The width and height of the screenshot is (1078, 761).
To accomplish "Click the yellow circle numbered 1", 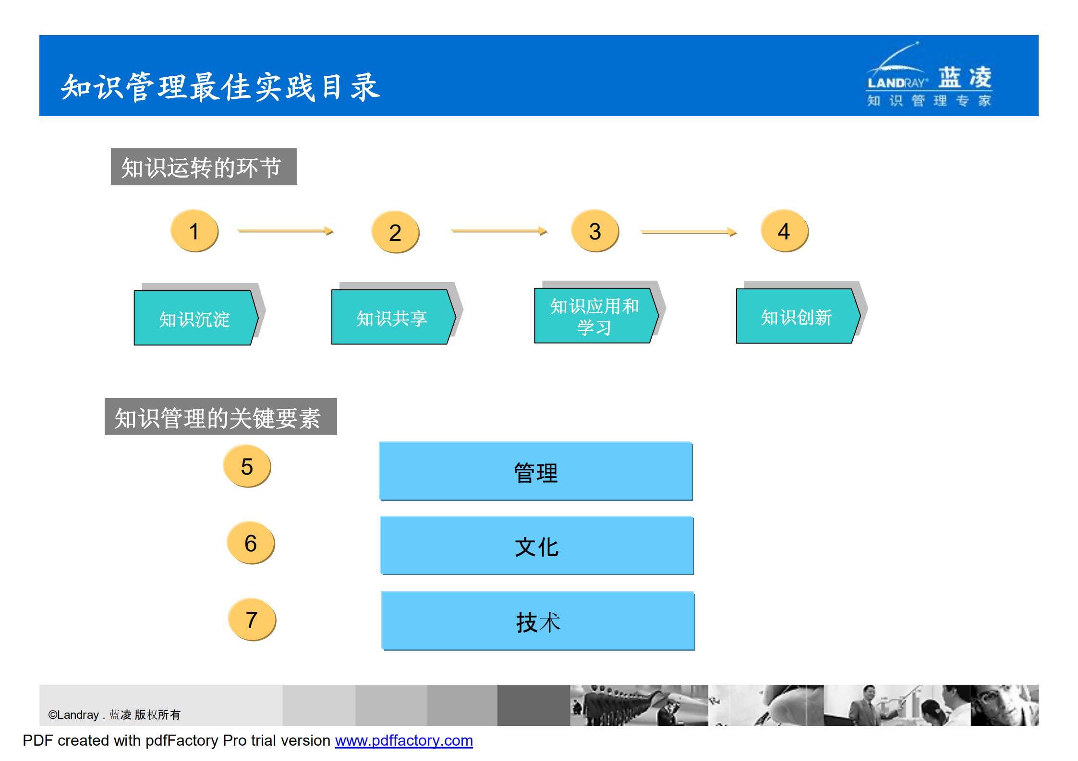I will [194, 231].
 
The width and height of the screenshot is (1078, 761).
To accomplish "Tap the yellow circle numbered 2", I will [395, 232].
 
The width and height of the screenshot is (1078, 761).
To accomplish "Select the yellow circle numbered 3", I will [595, 231].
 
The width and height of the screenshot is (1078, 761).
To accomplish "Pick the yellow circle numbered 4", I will [784, 231].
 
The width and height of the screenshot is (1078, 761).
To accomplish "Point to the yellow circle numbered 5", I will [247, 466].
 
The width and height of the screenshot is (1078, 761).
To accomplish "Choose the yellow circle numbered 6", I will [251, 543].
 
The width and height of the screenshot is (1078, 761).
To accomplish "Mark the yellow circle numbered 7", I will [252, 619].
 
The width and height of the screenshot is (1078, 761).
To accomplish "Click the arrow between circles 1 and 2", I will [285, 231].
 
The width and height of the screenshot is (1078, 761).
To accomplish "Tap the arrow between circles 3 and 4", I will [688, 232].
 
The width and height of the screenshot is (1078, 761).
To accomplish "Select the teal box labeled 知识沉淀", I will [194, 318].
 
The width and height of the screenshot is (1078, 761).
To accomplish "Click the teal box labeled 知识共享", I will [392, 317].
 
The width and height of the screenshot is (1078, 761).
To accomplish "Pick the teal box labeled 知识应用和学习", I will [594, 316].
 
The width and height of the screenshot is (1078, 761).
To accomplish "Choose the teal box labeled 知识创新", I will [796, 316].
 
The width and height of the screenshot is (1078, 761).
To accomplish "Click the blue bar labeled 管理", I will [536, 472].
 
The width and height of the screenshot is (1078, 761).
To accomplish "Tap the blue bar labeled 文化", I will [537, 546].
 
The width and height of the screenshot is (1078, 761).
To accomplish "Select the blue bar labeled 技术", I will [538, 621].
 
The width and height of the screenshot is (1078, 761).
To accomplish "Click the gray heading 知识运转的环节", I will [204, 166].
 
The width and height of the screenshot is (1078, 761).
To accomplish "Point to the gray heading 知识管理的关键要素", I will [220, 417].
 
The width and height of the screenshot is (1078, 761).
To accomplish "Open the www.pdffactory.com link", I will [404, 740].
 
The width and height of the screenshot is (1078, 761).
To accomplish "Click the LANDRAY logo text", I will [896, 83].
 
